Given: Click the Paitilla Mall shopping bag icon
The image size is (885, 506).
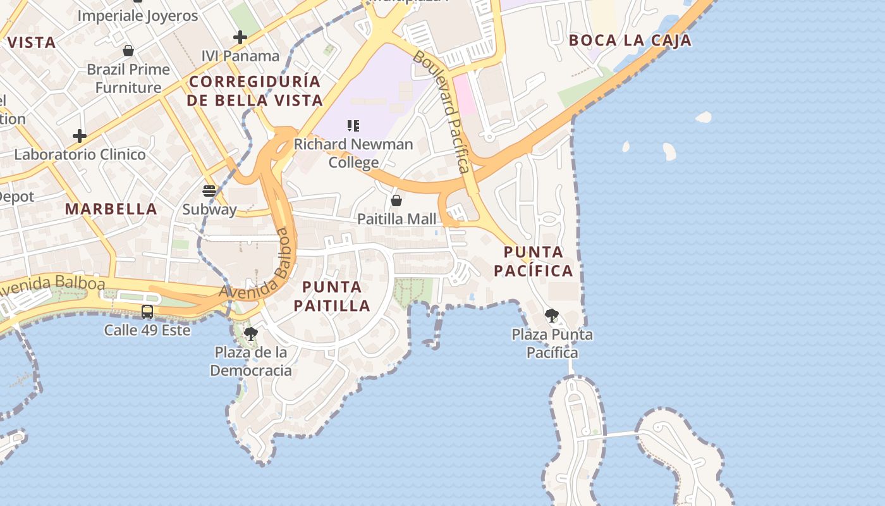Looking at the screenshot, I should click(396, 201).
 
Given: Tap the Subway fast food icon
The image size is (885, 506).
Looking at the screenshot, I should click(209, 190).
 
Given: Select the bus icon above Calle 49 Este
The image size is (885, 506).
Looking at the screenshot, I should click(147, 311).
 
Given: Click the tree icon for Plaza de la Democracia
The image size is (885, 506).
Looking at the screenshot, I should click(251, 333).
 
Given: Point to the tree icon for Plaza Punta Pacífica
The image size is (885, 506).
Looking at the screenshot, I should click(552, 315).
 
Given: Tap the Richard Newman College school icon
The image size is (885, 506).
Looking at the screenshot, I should click(353, 126).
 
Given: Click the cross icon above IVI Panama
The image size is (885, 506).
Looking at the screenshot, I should click(240, 37).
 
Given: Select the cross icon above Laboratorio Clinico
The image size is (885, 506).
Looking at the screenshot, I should click(80, 135).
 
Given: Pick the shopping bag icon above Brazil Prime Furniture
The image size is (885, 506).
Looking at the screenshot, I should click(128, 51).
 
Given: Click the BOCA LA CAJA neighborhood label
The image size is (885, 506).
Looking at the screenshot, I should click(630, 40).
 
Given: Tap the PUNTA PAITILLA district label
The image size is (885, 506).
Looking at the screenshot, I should click(332, 296).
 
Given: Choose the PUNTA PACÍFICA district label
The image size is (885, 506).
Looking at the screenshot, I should click(534, 261).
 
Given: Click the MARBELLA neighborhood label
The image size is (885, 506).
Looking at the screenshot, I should click(111, 209).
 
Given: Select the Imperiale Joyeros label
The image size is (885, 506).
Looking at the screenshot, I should click(138, 16).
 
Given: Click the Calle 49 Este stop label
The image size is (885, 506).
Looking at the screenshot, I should click(147, 330).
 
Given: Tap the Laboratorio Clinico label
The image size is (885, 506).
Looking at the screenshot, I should click(80, 154).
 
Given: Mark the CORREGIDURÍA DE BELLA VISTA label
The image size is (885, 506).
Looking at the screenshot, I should click(255, 90).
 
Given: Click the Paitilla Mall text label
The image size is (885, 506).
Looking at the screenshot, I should click(397, 219).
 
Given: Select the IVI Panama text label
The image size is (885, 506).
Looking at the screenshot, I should click(240, 56).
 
